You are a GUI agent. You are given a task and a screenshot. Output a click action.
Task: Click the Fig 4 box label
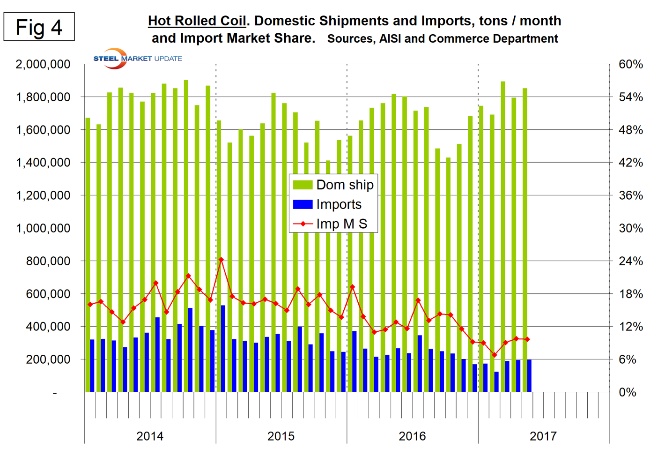click(x=39, y=27)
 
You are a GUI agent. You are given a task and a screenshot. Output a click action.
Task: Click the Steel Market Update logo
click(x=137, y=59)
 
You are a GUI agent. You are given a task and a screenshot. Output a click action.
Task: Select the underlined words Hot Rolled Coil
click(x=197, y=21)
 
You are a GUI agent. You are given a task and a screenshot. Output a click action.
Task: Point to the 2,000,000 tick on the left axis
click(x=43, y=64)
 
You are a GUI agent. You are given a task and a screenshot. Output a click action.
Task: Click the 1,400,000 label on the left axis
click(x=43, y=163)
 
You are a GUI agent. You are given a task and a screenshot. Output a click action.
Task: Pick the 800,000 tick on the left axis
click(x=48, y=261)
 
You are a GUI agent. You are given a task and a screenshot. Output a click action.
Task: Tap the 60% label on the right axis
click(x=631, y=64)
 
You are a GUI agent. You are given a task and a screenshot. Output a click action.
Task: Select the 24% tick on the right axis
click(x=631, y=261)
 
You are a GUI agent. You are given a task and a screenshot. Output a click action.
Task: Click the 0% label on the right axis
click(x=628, y=392)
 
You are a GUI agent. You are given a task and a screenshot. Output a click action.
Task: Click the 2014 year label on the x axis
click(x=150, y=436)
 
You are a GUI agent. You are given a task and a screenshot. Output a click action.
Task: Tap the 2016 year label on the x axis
click(x=412, y=436)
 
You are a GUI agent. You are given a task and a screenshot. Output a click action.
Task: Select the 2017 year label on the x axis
click(x=543, y=436)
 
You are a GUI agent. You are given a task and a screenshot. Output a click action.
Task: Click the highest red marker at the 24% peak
click(x=221, y=260)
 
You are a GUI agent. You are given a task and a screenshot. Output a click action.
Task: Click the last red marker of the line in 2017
click(x=527, y=339)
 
